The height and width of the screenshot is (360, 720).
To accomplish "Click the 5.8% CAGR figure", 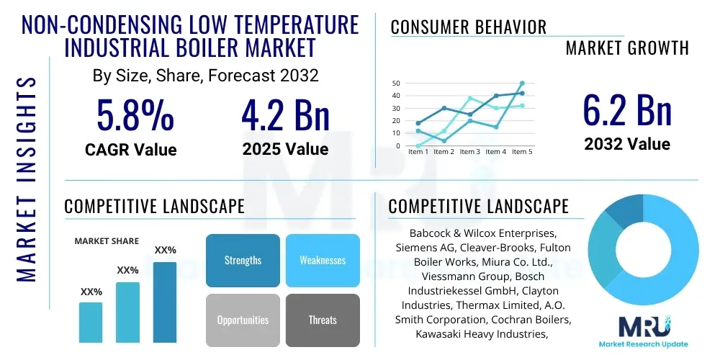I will coord(135,115).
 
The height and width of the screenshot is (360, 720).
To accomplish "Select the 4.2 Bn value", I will coord(285,115).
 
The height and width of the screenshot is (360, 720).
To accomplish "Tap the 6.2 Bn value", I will coord(626,110).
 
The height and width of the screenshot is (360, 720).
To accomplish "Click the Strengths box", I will coord(243,261).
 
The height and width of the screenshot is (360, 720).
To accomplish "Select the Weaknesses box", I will coord(323,261).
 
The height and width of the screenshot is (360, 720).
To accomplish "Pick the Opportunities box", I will coord(243,320).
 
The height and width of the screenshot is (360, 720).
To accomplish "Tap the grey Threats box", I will coord(323,320).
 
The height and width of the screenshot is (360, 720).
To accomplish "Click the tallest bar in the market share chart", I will coord(165,302).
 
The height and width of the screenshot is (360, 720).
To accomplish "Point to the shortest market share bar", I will coord(91,322).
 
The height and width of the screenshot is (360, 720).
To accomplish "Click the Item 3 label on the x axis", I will coord(470,152).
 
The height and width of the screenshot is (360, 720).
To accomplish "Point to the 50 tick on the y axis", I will coord(396,84).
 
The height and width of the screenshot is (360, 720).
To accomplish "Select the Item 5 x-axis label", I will coord(521,152).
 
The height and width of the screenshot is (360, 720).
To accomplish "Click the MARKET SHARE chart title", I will coord(107,241).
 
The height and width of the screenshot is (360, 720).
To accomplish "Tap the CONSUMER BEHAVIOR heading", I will coord(468,27).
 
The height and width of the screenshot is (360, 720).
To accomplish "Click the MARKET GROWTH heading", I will coord(626,48).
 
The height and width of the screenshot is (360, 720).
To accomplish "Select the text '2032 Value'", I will coord(626,144).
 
